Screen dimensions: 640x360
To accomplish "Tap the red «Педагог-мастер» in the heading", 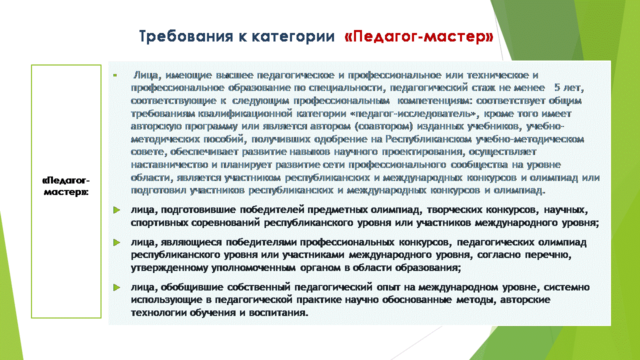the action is [x=419, y=36].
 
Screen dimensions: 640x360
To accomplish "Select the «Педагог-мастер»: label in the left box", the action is [x=66, y=186].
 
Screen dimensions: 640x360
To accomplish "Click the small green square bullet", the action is [x=115, y=75].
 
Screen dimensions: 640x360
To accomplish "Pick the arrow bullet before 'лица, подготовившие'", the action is [x=117, y=210].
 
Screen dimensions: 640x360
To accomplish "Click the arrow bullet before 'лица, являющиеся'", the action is [x=117, y=242].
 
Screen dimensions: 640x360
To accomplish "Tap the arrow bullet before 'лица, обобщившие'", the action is [x=117, y=287].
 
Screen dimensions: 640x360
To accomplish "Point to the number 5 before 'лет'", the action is [x=557, y=87].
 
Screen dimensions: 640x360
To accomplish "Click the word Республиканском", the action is [x=428, y=139].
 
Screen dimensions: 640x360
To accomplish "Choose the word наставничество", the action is [x=169, y=165].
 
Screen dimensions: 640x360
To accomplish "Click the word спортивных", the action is [x=159, y=223].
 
